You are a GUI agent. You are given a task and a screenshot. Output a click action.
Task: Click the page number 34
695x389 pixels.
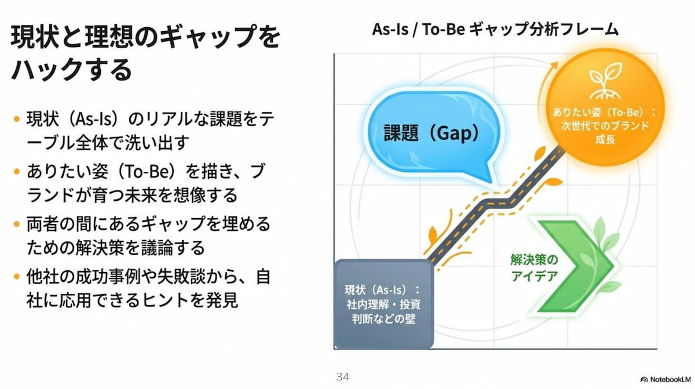(x=343, y=377)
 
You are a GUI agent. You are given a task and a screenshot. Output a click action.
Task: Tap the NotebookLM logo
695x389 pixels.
(x=665, y=379)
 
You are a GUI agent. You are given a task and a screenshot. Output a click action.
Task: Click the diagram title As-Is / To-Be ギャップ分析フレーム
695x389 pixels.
(x=495, y=30)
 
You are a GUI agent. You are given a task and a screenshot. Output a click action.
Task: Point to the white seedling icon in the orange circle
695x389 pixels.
(x=606, y=81)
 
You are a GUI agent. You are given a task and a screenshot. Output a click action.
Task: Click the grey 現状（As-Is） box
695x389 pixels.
(x=383, y=304)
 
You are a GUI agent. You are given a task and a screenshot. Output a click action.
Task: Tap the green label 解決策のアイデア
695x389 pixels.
(x=534, y=268)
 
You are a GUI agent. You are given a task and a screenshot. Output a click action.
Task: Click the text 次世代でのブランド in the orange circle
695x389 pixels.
(x=605, y=126)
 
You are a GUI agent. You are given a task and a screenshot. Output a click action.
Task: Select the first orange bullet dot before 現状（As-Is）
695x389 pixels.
(x=17, y=119)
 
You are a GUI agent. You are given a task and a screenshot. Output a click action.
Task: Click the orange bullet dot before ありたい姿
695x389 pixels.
(x=17, y=171)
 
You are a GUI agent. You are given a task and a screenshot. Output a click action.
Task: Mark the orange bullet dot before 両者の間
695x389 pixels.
(x=17, y=224)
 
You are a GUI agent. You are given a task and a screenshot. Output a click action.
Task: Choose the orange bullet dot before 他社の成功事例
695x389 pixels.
(x=17, y=276)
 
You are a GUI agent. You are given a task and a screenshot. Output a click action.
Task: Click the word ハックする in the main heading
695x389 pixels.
(x=72, y=69)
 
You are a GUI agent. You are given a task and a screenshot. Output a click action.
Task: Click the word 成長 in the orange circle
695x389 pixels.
(x=605, y=140)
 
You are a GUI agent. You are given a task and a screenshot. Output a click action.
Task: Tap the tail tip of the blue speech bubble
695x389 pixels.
(x=491, y=182)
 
